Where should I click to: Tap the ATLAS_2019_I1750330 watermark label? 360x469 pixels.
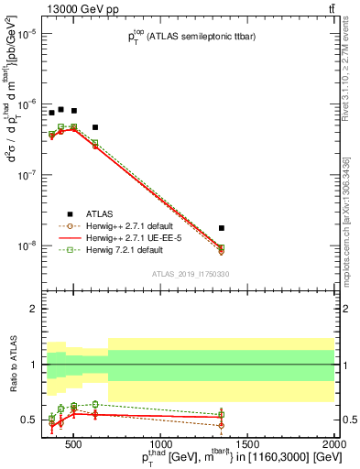(190, 273)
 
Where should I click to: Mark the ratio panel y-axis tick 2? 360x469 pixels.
(33, 309)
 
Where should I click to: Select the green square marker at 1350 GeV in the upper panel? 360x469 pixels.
(222, 248)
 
